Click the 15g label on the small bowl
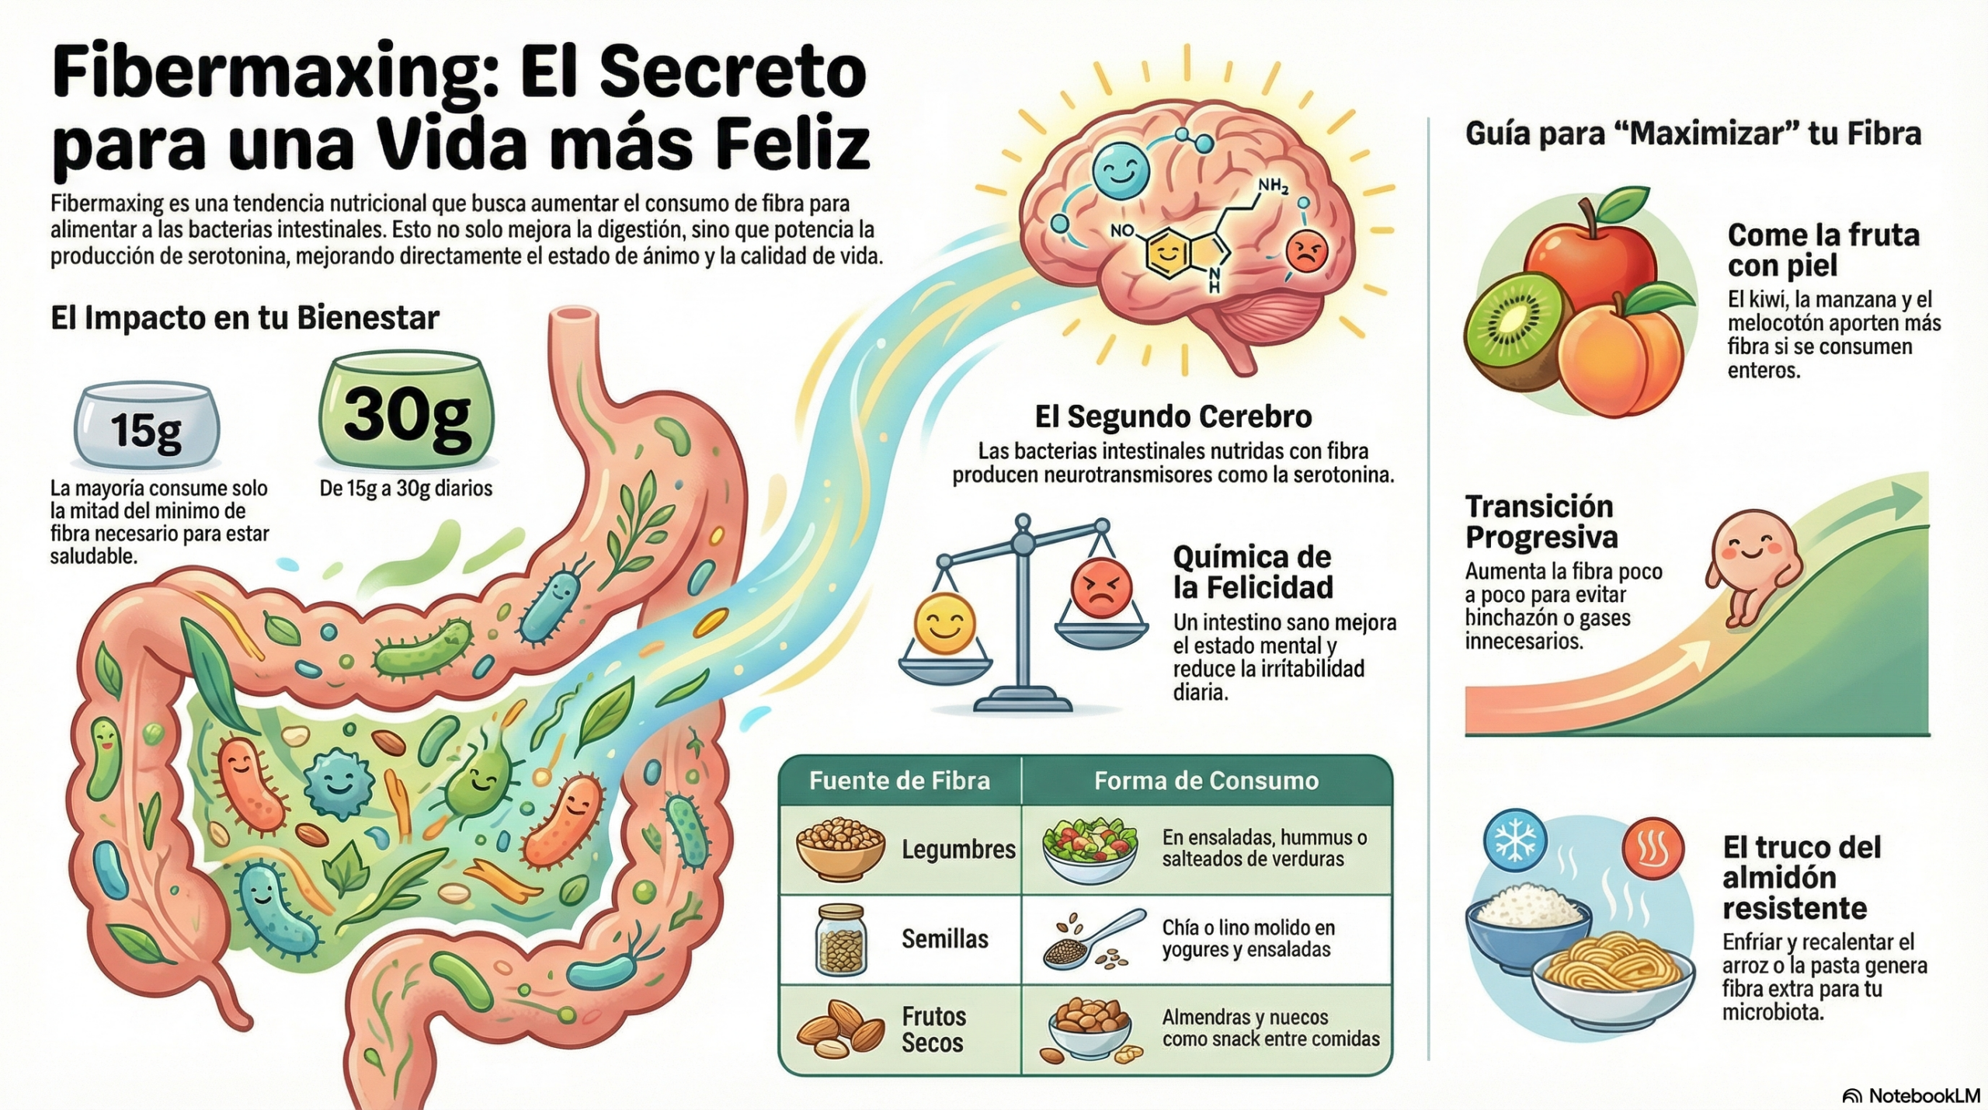(x=146, y=430)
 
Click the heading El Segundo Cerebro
(x=1173, y=417)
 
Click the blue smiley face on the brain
(x=1120, y=171)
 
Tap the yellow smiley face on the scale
(x=944, y=624)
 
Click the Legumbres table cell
(x=958, y=850)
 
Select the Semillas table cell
(x=944, y=939)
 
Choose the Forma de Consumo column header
(x=1206, y=781)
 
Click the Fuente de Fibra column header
(x=899, y=781)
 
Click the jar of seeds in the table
(x=840, y=940)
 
